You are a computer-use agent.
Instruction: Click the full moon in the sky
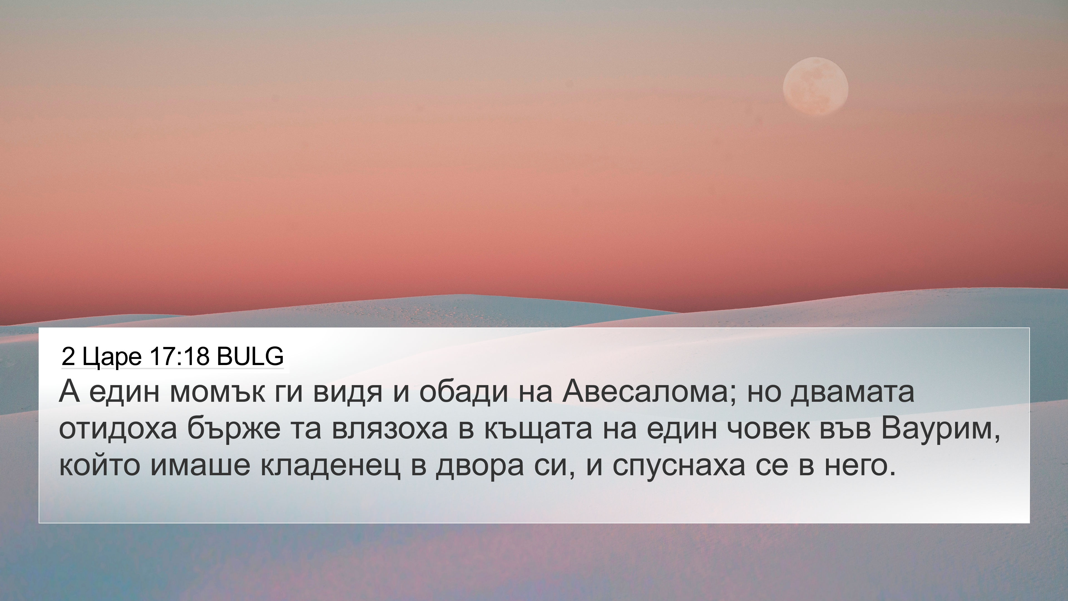[815, 86]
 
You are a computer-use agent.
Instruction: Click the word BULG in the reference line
[250, 356]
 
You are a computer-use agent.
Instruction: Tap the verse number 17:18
[179, 356]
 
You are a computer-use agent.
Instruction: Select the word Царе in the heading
[112, 357]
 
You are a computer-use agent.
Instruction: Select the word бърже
[234, 428]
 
